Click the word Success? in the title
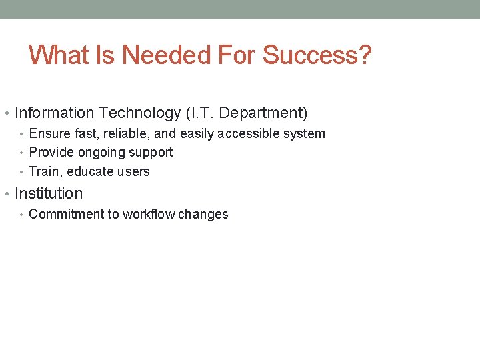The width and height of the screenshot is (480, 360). (317, 55)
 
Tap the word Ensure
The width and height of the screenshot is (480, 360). (49, 133)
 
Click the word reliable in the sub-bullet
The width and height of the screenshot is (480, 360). (125, 133)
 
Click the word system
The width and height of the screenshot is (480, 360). (303, 133)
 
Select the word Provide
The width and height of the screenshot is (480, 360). (50, 153)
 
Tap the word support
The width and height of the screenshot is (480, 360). (151, 153)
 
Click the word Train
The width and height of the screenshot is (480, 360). (44, 171)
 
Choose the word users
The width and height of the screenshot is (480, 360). (133, 171)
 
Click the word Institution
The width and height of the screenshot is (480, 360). (49, 194)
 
